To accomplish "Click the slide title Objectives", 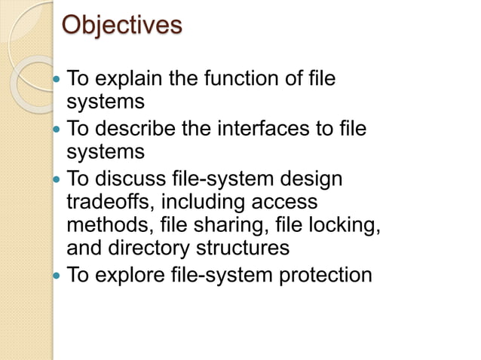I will pos(121,26).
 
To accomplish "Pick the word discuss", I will pos(130,181).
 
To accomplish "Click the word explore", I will pos(125,275).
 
